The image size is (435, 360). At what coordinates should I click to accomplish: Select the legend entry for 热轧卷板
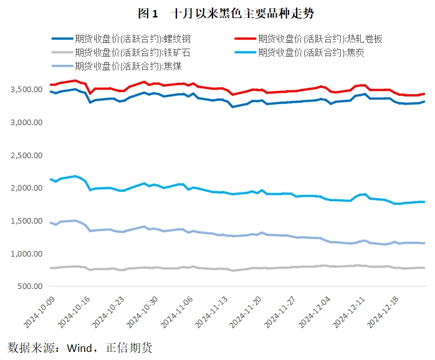pos(319,39)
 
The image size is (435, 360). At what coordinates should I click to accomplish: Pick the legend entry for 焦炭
pos(310,52)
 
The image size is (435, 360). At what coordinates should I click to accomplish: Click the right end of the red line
pos(424,94)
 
